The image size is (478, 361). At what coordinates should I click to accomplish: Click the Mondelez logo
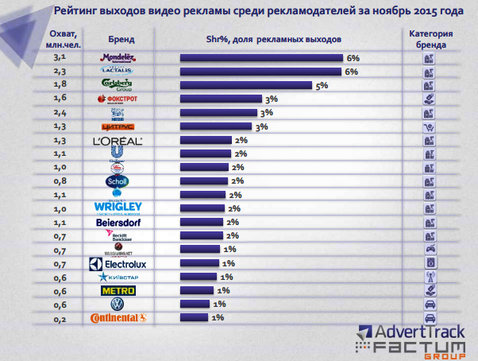pyautogui.click(x=120, y=58)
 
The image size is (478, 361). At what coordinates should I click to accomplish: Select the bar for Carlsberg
pyautogui.click(x=247, y=86)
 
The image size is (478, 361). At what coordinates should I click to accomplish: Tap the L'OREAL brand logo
pyautogui.click(x=120, y=141)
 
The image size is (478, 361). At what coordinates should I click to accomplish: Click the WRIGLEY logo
pyautogui.click(x=118, y=208)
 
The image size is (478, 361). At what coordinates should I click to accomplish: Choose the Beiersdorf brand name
pyautogui.click(x=120, y=222)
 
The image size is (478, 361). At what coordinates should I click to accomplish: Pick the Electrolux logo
pyautogui.click(x=120, y=262)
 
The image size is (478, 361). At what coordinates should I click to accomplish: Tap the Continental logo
pyautogui.click(x=120, y=317)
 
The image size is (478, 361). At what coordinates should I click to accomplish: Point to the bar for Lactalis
pyautogui.click(x=262, y=72)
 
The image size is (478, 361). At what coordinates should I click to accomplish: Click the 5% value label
pyautogui.click(x=322, y=86)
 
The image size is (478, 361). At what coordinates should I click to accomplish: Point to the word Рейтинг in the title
pyautogui.click(x=79, y=11)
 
